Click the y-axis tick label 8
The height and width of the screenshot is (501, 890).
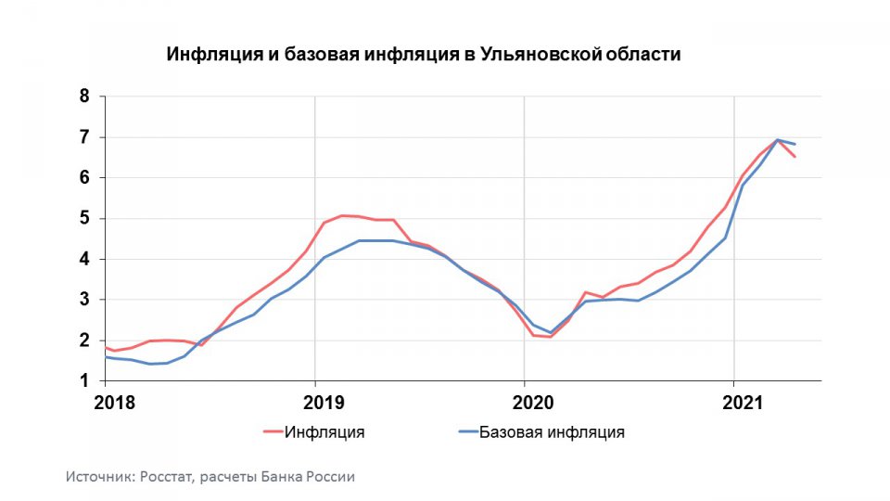point(84,96)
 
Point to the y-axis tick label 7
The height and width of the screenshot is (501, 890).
point(84,136)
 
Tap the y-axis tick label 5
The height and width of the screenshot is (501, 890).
point(84,218)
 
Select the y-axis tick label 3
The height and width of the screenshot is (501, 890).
point(84,300)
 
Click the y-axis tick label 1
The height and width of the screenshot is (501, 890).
point(84,381)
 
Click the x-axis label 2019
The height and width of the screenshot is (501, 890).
point(324,404)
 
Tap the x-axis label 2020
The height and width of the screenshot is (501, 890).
point(533,404)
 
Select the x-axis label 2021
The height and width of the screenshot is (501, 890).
point(743,404)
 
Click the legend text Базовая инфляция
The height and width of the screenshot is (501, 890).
point(552,431)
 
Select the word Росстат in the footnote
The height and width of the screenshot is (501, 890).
point(169,477)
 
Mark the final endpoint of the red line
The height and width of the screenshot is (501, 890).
point(795,157)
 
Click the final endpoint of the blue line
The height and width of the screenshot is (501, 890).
point(795,144)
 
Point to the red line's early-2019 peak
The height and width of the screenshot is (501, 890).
point(342,215)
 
